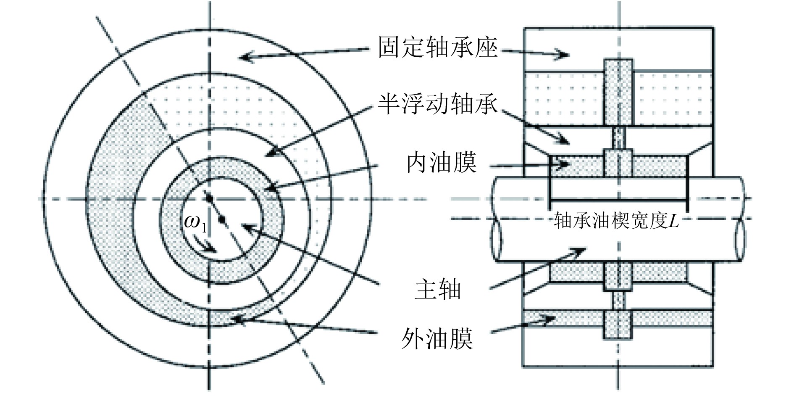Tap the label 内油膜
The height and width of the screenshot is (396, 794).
click(x=441, y=163)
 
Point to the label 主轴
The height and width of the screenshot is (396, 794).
click(x=438, y=290)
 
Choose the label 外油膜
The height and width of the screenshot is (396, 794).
click(x=437, y=339)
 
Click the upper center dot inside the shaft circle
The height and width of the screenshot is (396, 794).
click(x=207, y=197)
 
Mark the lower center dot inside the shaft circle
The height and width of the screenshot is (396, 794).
click(x=223, y=219)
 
